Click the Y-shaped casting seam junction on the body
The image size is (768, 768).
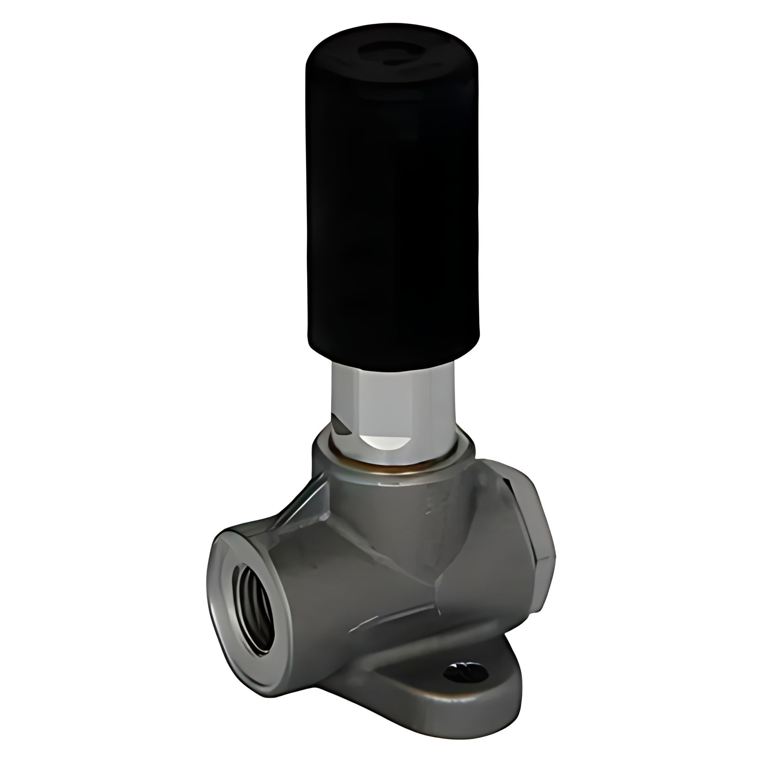439,581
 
